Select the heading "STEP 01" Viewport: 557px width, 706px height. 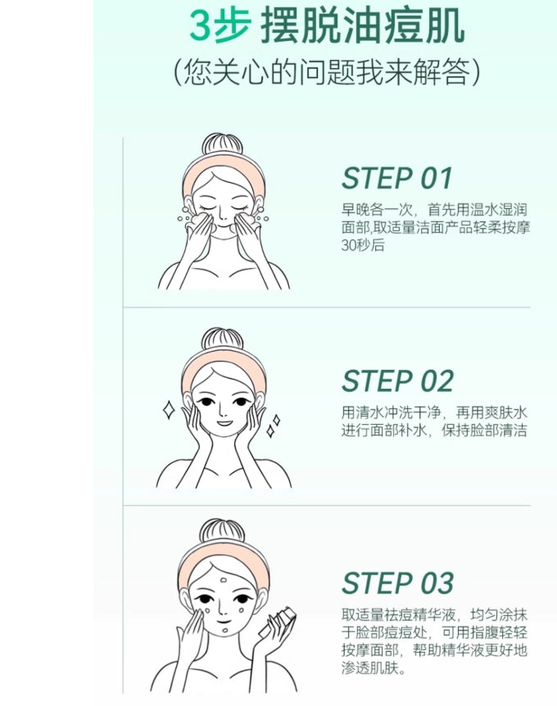[396, 178]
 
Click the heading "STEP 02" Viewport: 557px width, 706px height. [397, 381]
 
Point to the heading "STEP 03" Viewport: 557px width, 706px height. [397, 584]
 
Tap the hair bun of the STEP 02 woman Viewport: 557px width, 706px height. [223, 340]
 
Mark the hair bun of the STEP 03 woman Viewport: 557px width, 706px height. [222, 531]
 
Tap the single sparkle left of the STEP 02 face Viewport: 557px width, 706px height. [169, 410]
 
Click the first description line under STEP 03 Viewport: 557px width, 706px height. [434, 614]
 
